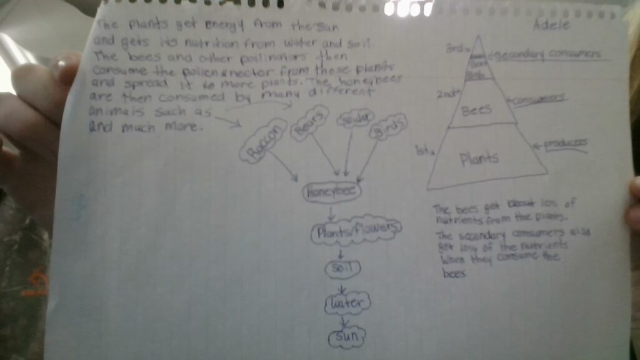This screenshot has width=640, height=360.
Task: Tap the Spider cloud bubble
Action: point(355,119)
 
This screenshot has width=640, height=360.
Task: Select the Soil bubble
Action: point(342,269)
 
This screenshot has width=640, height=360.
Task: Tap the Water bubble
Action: point(347,304)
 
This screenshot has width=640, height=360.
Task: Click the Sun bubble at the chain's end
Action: point(346,338)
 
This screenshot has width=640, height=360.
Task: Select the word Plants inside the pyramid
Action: point(479,158)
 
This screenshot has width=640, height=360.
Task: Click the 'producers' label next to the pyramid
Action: point(565,143)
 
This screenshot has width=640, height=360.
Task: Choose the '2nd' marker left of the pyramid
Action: point(447,94)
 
